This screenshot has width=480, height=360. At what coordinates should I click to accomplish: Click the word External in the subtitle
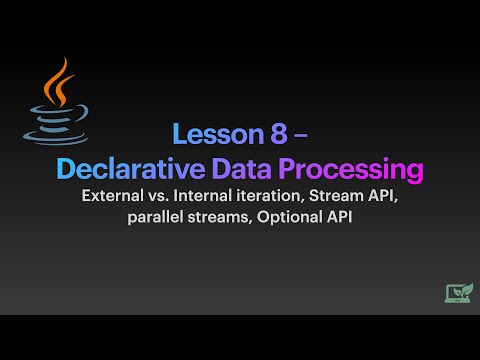coord(116,197)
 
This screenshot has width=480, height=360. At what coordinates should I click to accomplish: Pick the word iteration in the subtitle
coord(279,197)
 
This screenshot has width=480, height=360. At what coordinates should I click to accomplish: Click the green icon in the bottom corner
coord(458,292)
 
